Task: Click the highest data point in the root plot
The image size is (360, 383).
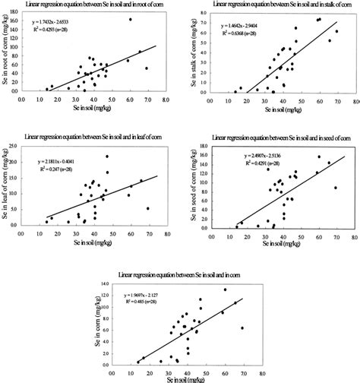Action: (x=130, y=20)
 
